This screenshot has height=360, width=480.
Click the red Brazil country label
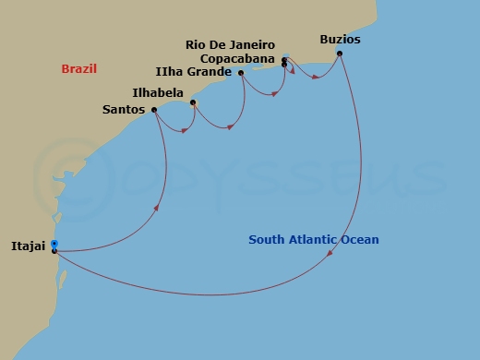pos(79,69)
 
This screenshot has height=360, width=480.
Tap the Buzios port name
pos(340,40)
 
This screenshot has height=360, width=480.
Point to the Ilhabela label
pos(159,92)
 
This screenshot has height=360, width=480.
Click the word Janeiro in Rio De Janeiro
pos(251,44)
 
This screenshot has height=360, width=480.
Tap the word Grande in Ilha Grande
pos(211,71)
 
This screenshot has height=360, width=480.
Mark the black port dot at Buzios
pos(340,54)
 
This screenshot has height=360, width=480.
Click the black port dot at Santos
pos(153,110)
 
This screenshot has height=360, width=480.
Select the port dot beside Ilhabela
pos(192,102)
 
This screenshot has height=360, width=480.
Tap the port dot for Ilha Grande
pos(241,73)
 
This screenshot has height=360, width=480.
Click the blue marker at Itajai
pos(54,244)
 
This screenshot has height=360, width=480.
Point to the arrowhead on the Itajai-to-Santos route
pos(157,208)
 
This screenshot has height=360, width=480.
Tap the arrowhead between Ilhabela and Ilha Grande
pos(229,127)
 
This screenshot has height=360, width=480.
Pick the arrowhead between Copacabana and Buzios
pos(316,77)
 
